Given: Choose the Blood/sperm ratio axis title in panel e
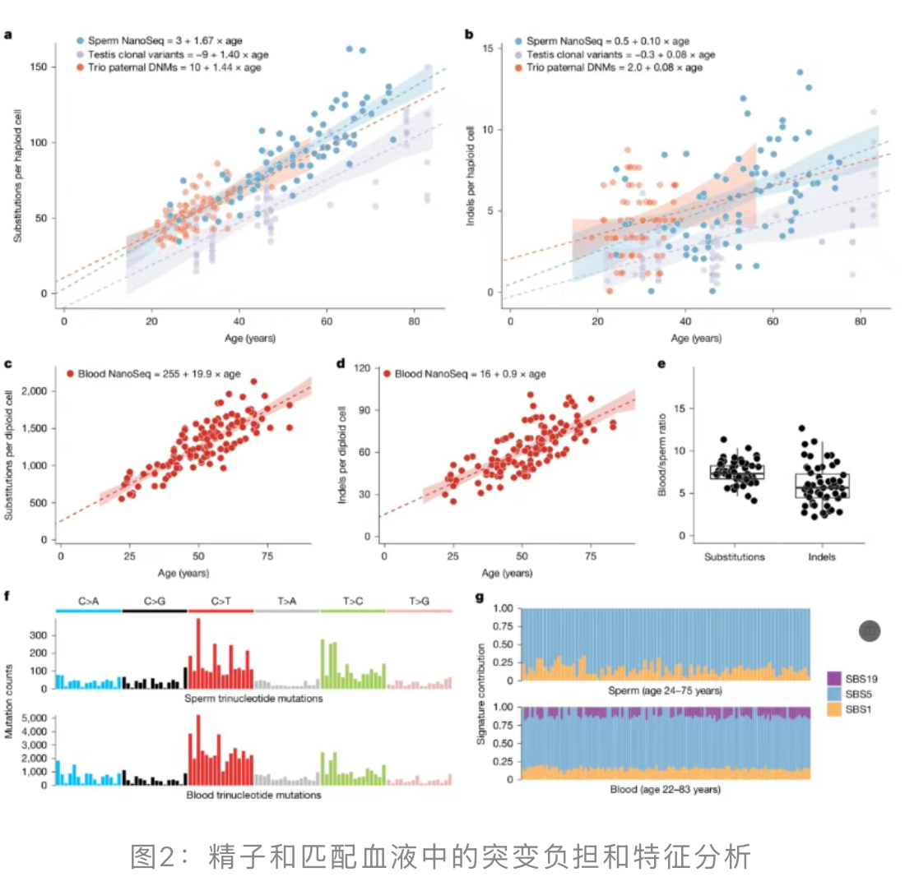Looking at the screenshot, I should [660, 454].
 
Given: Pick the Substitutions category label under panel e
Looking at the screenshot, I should [735, 556].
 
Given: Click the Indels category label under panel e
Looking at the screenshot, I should [821, 556].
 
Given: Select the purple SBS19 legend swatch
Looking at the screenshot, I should [834, 678].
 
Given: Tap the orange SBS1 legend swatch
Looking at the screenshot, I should [834, 707].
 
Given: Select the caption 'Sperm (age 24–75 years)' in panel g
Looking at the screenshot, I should [666, 690].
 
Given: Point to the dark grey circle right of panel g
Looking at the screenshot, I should [870, 630].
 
